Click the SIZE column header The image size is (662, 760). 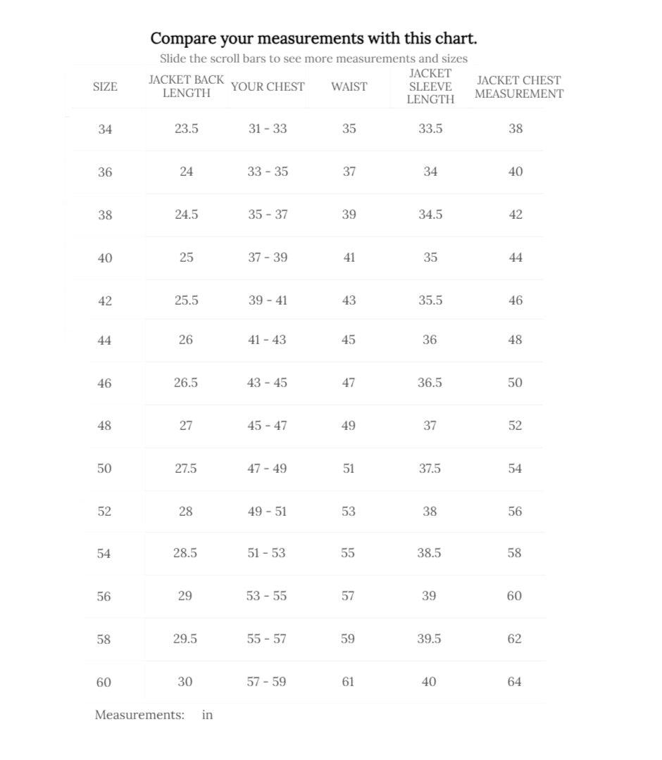tap(105, 87)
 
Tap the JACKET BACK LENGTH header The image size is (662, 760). tap(186, 87)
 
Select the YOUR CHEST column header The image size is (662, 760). tap(268, 87)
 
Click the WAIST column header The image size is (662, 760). tap(349, 87)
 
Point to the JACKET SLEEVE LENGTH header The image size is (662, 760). tap(430, 87)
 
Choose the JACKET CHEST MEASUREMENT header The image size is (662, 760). tap(518, 87)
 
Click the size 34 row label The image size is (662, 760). tap(105, 129)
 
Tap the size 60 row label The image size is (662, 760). tap(104, 682)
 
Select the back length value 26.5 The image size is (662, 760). tap(186, 383)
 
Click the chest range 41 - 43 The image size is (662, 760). tap(267, 340)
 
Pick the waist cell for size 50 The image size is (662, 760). tap(349, 469)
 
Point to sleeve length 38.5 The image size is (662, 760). tap(429, 553)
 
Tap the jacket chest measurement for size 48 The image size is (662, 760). tap(515, 426)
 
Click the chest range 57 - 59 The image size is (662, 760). tap(266, 682)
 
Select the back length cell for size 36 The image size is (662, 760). tap(186, 172)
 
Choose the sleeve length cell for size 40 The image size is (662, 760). tap(430, 258)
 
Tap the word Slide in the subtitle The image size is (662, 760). tap(173, 58)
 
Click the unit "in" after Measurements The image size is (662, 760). tap(207, 715)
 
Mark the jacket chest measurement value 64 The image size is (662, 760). tap(514, 682)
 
